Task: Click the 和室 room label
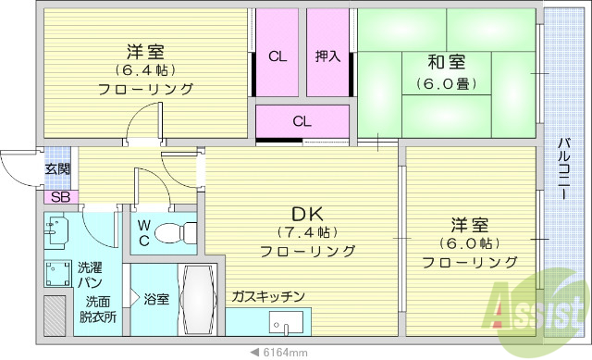point(447,63)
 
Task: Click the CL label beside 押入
point(277,56)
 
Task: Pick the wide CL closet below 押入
point(302,120)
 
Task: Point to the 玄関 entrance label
point(57,169)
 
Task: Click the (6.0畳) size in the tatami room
point(447,83)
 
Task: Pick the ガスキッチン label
point(269,296)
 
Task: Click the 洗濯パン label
point(91,274)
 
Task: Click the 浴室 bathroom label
point(155,299)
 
